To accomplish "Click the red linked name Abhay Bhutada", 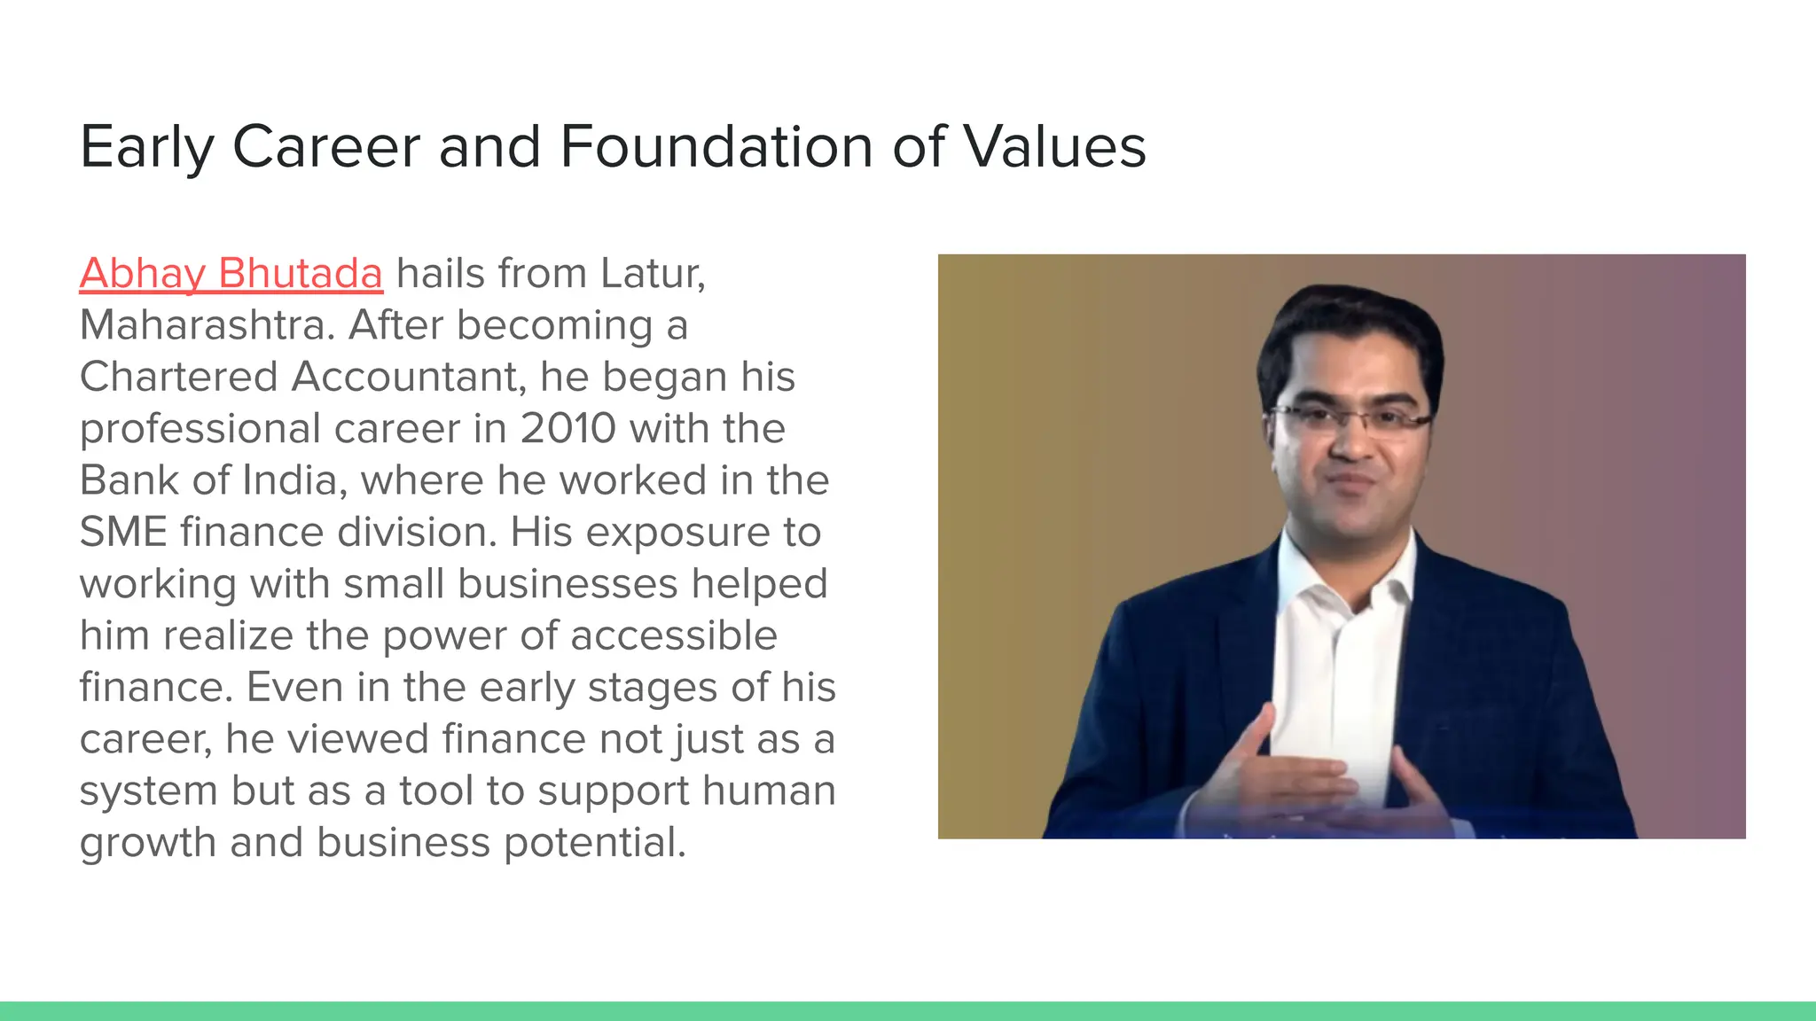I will pyautogui.click(x=231, y=274).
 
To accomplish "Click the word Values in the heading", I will pyautogui.click(x=1054, y=147).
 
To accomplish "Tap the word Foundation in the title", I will pyautogui.click(x=716, y=147).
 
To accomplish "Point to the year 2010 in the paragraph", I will pyautogui.click(x=567, y=429).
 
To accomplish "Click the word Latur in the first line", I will pyautogui.click(x=651, y=274).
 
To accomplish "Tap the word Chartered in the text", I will pyautogui.click(x=178, y=378).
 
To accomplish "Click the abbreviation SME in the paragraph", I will pyautogui.click(x=122, y=533).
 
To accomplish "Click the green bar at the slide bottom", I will pyautogui.click(x=908, y=1010).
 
